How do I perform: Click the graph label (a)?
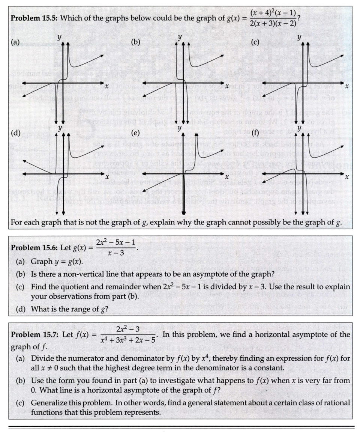click(16, 42)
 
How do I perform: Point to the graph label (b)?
click(136, 42)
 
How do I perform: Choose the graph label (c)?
click(255, 42)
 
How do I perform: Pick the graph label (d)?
click(16, 132)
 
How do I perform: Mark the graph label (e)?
click(136, 132)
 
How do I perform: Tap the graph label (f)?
click(255, 132)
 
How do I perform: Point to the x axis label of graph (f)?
click(347, 176)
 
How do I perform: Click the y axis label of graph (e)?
click(180, 128)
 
